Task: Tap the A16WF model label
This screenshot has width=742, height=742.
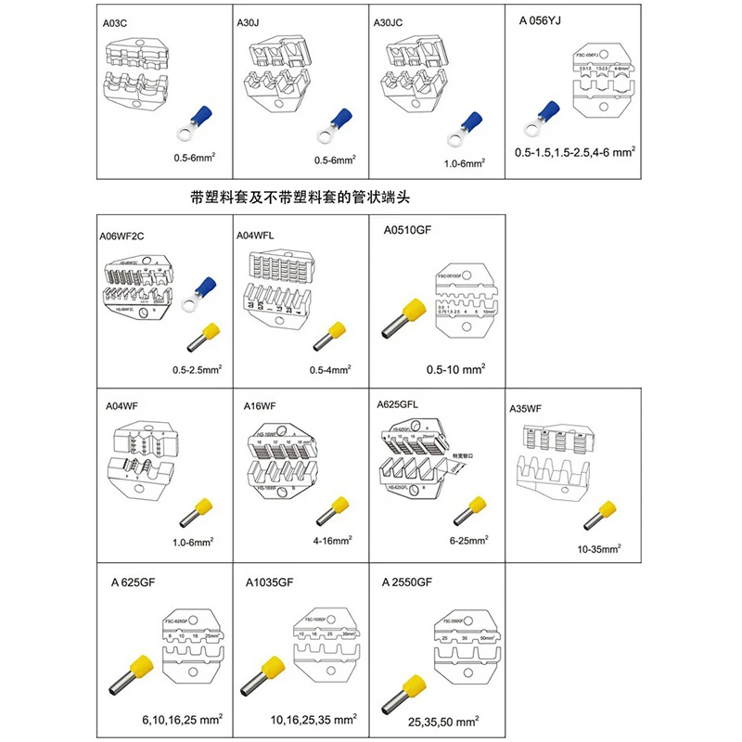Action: [253, 405]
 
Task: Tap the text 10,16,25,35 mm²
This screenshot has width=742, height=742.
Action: [312, 719]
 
